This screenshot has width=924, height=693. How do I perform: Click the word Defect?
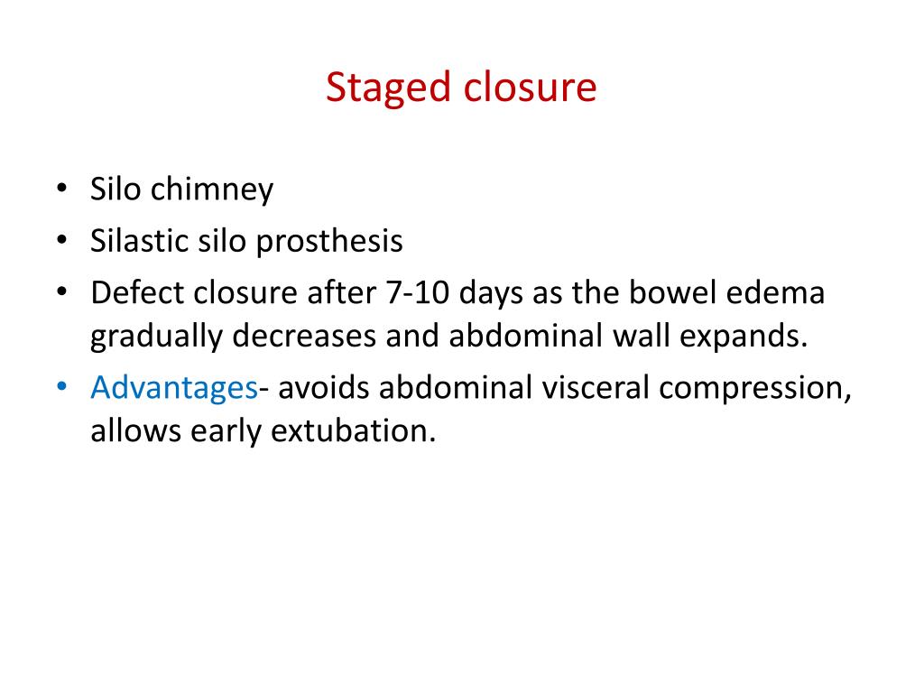(x=135, y=293)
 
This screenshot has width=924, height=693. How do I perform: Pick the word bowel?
(x=697, y=293)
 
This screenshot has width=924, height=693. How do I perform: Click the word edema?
(x=784, y=293)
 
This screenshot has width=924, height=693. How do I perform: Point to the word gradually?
(x=155, y=337)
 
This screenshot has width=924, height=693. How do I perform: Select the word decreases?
(x=305, y=336)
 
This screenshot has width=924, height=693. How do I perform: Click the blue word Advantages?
(x=173, y=388)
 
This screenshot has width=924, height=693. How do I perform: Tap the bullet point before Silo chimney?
(x=60, y=189)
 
